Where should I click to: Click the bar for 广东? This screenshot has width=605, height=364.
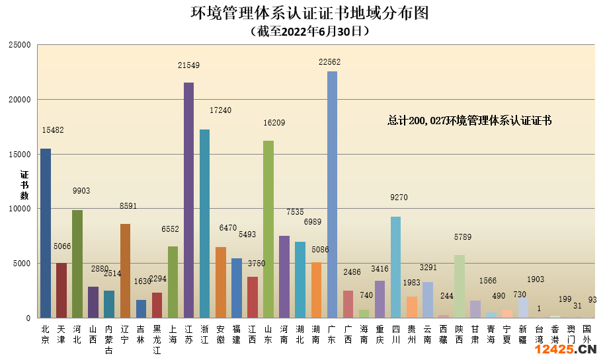click(332, 195)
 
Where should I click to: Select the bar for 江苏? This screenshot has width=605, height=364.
click(188, 200)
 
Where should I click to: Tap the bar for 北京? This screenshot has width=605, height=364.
click(46, 233)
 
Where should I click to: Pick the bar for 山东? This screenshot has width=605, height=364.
click(268, 229)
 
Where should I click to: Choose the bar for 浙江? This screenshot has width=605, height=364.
click(204, 224)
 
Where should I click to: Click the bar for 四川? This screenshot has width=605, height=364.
click(395, 267)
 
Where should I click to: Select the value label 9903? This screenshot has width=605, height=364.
click(81, 191)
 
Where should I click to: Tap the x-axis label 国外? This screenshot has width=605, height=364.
click(586, 334)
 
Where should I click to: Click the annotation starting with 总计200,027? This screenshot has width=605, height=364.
click(469, 121)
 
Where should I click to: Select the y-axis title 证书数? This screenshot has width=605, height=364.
click(24, 185)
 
